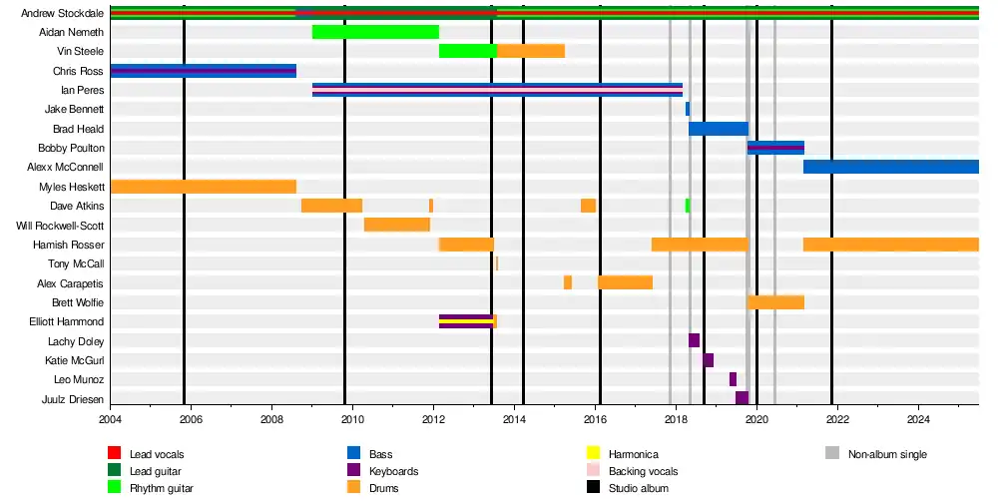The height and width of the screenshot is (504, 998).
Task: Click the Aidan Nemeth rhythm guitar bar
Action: tap(375, 32)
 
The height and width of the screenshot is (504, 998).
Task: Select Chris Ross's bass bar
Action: tap(203, 71)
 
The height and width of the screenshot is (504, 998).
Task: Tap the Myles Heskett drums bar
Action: tap(203, 187)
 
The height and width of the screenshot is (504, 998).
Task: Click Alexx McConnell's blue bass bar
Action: tap(890, 167)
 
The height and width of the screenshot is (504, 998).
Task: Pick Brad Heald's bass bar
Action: tap(718, 129)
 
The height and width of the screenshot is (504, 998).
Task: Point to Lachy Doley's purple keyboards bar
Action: tap(694, 340)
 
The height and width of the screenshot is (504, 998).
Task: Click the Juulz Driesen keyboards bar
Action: tap(742, 398)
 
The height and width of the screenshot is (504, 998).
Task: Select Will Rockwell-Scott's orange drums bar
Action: tap(396, 225)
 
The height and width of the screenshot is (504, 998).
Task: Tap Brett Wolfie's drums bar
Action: tap(775, 302)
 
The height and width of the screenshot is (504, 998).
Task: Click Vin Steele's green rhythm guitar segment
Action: tap(467, 51)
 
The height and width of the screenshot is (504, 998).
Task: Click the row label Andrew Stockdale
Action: tap(62, 13)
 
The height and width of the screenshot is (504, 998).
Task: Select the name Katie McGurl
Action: tap(74, 360)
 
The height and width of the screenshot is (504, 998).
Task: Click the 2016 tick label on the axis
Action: tap(596, 419)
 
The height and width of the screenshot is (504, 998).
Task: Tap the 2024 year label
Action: tap(918, 419)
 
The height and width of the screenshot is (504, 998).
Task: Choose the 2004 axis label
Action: tap(111, 419)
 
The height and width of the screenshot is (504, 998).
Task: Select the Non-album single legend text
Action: tap(887, 455)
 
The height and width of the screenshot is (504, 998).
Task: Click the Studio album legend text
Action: tap(638, 488)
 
